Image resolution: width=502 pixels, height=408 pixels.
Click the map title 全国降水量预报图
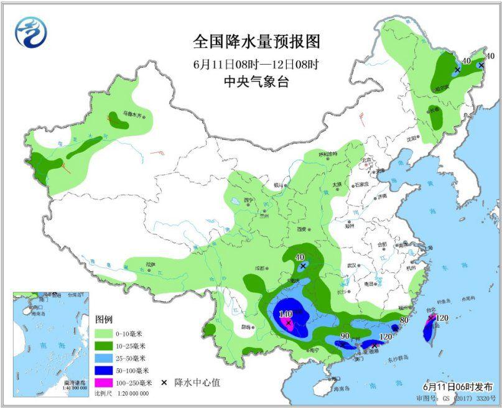(256, 42)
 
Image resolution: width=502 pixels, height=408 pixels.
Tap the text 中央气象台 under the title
(256, 81)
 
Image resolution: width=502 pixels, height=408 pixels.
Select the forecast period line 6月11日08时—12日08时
(256, 63)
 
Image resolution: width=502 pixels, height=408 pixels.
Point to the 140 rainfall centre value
(286, 314)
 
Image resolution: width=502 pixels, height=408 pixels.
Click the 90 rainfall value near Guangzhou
(345, 336)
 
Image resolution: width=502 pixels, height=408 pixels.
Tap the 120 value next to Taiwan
(442, 318)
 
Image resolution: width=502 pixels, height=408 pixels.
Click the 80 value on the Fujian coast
(404, 320)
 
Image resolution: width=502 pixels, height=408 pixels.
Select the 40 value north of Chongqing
(300, 257)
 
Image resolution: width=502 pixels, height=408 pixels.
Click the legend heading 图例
(104, 319)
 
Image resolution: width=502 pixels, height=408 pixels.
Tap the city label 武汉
(352, 265)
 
